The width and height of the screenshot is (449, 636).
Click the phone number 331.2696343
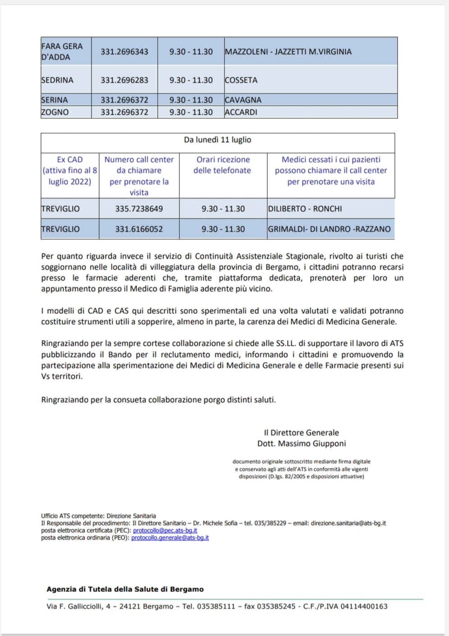pos(124,51)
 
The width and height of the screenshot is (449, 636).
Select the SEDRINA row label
pos(57,80)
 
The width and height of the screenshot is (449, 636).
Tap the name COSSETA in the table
pos(241,80)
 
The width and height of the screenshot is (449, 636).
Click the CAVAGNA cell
pos(243,100)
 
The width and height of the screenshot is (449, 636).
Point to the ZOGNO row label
pos(55,112)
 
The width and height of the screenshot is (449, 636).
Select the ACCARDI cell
pos(241,112)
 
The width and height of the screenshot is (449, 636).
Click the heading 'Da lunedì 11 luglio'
pos(217,140)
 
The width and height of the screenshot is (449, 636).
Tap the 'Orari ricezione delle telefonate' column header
pos(223,165)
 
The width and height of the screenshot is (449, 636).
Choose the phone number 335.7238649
pos(139,209)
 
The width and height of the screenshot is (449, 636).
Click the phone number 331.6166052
pos(139,229)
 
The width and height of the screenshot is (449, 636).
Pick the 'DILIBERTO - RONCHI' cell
pos(305,209)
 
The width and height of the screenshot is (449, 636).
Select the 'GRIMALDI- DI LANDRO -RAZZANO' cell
pos(329,229)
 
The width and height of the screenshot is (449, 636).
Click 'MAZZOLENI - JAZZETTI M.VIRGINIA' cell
pos(288,51)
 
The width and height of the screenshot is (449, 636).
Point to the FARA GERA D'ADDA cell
pos(62,51)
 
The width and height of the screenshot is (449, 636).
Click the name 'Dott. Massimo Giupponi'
pos(302,443)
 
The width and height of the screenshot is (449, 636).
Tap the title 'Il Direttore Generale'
pos(302,432)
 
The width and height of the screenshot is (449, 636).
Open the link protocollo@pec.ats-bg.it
pos(165,530)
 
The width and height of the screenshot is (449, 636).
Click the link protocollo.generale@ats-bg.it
pos(170,538)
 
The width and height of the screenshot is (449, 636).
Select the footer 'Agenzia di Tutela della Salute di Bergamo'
pos(125,589)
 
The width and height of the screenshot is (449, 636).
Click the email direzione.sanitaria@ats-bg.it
pos(348,523)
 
